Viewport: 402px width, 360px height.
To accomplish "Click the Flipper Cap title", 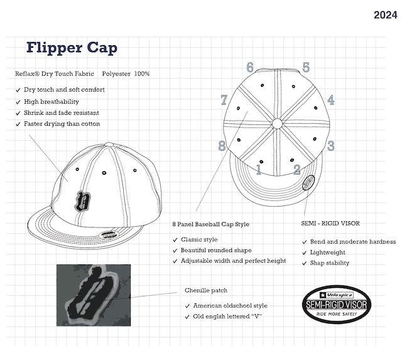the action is click(x=72, y=48).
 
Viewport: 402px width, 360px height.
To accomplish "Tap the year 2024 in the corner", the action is click(x=385, y=15).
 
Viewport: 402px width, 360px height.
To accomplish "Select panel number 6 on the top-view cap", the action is click(x=250, y=67).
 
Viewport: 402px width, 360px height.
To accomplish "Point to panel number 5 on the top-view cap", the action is click(x=306, y=67).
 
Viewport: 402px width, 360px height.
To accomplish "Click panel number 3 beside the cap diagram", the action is click(x=331, y=146).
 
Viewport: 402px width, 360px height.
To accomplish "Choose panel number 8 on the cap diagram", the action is click(x=222, y=146).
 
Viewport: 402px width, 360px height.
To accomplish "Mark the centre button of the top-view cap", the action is click(x=277, y=124).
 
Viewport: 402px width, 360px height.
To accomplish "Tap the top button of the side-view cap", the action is click(x=109, y=145).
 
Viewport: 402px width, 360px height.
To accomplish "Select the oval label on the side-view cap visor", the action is click(x=108, y=234).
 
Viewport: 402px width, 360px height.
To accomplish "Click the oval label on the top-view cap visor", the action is click(x=308, y=183).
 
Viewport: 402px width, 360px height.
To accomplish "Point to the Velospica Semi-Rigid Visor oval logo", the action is click(x=337, y=304).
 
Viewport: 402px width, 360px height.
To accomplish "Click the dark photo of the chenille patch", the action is click(x=94, y=295).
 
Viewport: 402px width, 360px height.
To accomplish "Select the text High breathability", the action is click(x=52, y=102).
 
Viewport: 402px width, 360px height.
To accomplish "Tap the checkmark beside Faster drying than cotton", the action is click(x=18, y=124).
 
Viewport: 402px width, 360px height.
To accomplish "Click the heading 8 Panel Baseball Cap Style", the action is click(x=211, y=224).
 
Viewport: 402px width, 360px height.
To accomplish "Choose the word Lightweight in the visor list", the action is click(x=327, y=253).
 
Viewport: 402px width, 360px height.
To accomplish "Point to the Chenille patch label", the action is click(x=206, y=290).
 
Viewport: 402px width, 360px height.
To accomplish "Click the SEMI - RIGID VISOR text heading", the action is click(x=330, y=223).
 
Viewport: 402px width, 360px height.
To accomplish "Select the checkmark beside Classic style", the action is click(x=175, y=240).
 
